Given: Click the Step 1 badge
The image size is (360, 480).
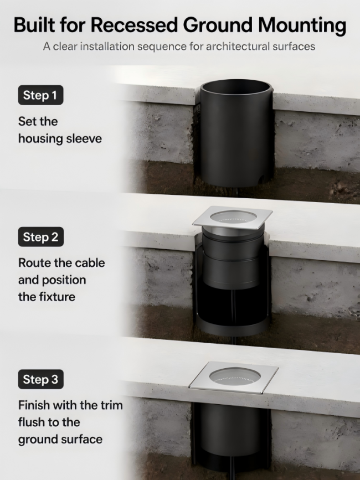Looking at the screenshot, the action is click(x=40, y=95).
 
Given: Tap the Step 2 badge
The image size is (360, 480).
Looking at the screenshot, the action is click(x=41, y=236).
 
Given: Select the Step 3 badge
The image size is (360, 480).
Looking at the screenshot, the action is click(x=41, y=379).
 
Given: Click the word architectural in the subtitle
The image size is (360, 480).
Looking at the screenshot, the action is click(x=237, y=47).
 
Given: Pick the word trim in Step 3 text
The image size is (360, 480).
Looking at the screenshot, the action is click(x=112, y=405).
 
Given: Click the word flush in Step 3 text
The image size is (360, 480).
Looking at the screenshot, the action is click(x=31, y=422).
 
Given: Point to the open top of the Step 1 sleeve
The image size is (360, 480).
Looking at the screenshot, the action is click(x=235, y=87).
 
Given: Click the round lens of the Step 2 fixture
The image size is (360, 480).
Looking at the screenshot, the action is click(x=233, y=216).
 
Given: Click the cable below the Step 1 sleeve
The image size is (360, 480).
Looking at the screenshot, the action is click(x=237, y=193).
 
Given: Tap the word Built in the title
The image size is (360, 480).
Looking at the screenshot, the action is click(x=34, y=25).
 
